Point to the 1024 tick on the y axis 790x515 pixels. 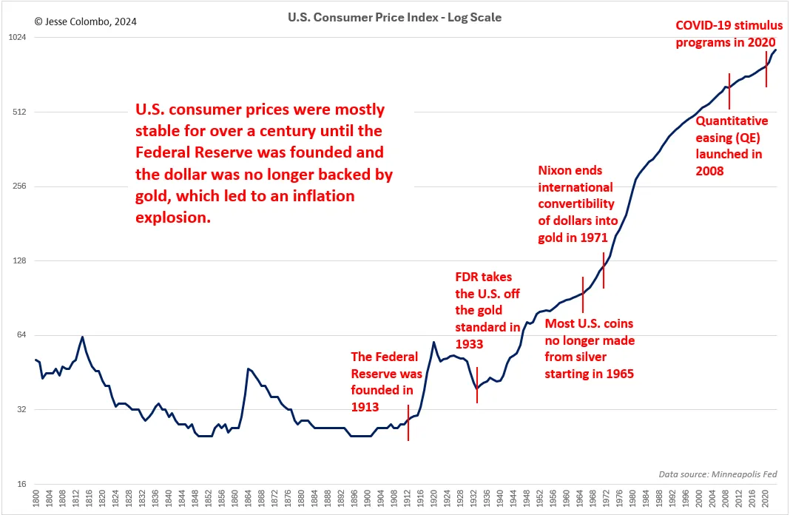point(17,38)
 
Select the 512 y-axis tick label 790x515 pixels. point(18,112)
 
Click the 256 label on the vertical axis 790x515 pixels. point(18,186)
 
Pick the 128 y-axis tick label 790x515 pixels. point(18,261)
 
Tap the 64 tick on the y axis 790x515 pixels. point(20,335)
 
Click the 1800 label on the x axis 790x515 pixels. point(36,500)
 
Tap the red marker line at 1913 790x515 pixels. point(408,423)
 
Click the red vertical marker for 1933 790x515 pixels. point(477,385)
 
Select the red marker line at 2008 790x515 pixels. point(729,91)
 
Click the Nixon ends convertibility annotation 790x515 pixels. point(575,204)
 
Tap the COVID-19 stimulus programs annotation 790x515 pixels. point(729,33)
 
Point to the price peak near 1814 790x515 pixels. point(82,337)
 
